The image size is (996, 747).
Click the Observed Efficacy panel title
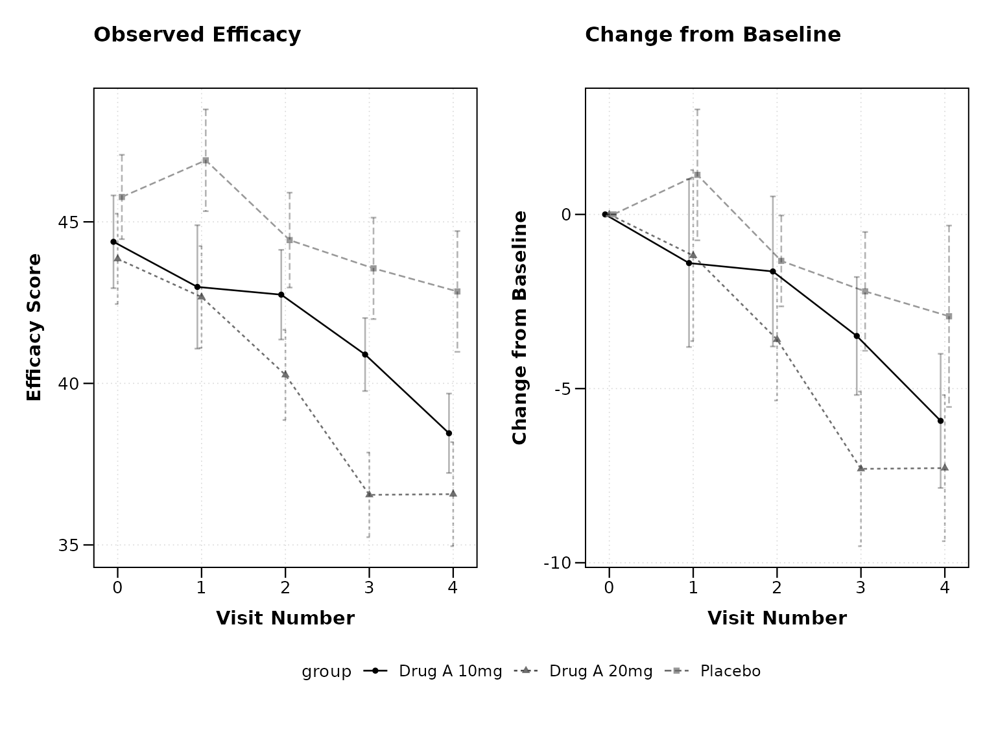[197, 35]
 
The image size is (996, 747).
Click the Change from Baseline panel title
[713, 35]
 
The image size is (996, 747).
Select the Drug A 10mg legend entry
[433, 671]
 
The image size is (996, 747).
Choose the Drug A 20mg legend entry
[583, 671]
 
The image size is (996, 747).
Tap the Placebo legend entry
[713, 671]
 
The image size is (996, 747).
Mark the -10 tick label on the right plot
[558, 563]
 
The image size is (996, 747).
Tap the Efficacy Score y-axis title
[34, 327]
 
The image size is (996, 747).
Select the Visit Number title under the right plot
[777, 618]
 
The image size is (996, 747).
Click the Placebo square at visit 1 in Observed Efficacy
[206, 161]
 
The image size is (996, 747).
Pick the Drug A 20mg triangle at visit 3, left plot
[369, 494]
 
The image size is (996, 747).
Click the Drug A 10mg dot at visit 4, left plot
[449, 433]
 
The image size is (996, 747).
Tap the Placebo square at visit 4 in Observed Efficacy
[457, 292]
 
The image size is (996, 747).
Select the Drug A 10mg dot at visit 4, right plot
[940, 421]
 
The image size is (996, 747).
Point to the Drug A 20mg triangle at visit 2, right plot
[777, 339]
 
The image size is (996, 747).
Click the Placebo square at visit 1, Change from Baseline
[698, 175]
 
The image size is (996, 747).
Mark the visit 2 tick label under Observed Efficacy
[285, 587]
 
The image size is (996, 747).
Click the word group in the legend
[326, 672]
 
